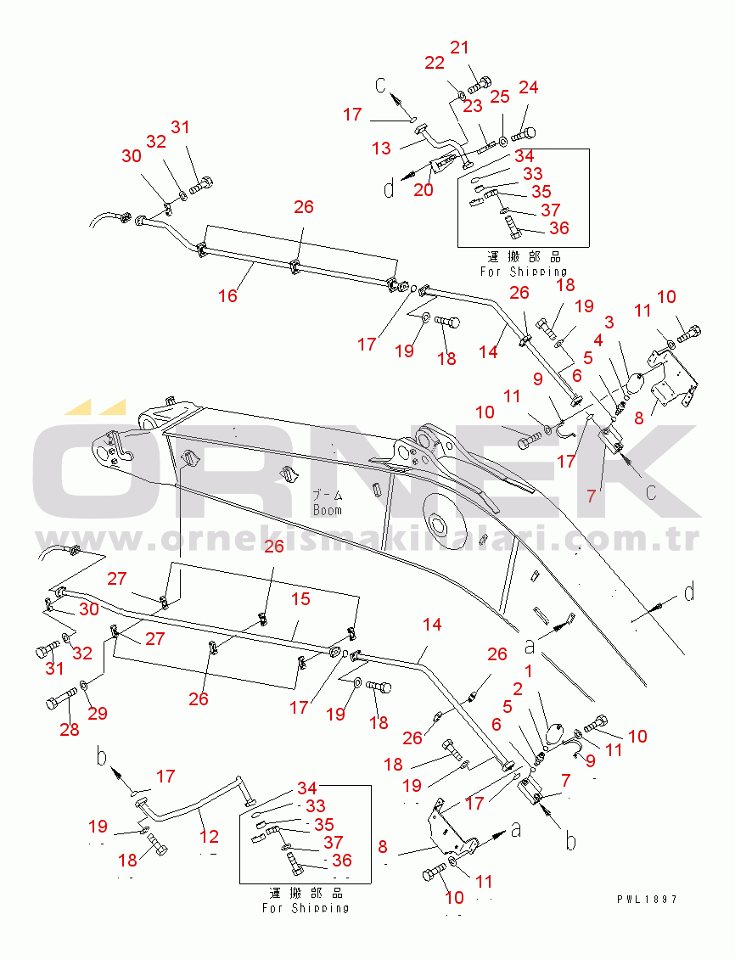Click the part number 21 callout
[x=459, y=47]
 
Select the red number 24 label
[x=528, y=87]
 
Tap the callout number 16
[x=227, y=296]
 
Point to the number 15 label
[x=300, y=599]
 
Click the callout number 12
[x=209, y=836]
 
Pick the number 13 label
[x=381, y=148]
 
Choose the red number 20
[x=424, y=189]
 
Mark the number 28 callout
[x=69, y=729]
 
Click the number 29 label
[x=98, y=713]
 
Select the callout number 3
[x=609, y=322]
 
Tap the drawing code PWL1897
[x=647, y=899]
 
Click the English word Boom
[x=327, y=509]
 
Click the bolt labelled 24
[x=524, y=134]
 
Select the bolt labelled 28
[x=61, y=698]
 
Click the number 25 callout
[x=500, y=97]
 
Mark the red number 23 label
[x=472, y=106]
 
